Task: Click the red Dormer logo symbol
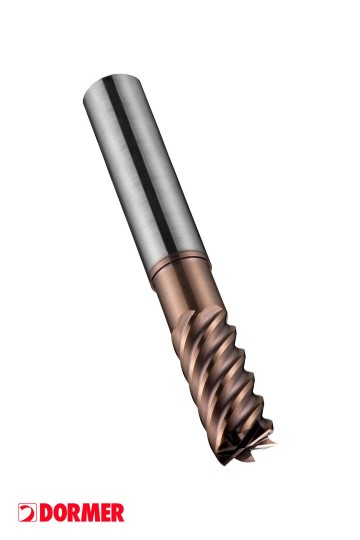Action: point(27,512)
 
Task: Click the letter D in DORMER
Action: point(45,513)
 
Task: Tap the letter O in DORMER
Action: point(59,513)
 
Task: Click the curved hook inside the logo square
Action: point(27,513)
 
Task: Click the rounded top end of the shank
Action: point(112,83)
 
